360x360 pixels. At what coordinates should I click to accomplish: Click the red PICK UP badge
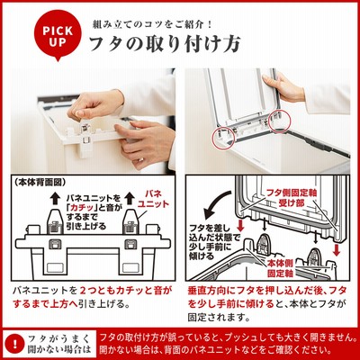(x=58, y=35)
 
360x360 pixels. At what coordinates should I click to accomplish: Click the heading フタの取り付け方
(x=165, y=45)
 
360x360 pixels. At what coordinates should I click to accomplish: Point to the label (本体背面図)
(x=40, y=182)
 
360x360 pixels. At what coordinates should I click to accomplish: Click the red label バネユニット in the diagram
(x=153, y=199)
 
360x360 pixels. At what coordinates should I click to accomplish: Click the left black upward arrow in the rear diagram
(x=54, y=198)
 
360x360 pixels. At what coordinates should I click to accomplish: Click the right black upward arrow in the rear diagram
(x=130, y=198)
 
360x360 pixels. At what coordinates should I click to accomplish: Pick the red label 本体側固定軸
(x=280, y=268)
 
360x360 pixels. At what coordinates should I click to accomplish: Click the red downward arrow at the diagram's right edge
(x=337, y=250)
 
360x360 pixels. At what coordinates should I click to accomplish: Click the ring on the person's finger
(x=139, y=159)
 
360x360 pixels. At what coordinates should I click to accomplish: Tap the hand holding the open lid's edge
(x=283, y=87)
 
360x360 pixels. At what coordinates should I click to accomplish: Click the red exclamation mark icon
(x=15, y=344)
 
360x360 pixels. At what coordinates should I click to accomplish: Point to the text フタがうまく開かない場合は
(x=58, y=345)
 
